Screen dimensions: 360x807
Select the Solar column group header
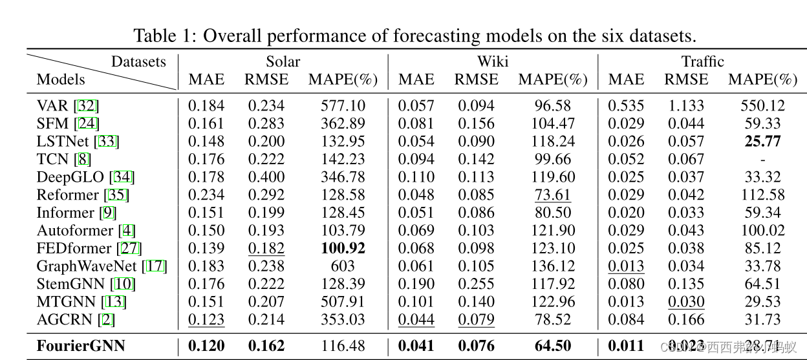pos(283,62)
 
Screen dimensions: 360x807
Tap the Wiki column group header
pos(493,62)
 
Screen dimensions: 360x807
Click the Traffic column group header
pos(702,62)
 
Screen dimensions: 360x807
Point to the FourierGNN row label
pos(81,346)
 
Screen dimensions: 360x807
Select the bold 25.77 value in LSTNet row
pos(762,141)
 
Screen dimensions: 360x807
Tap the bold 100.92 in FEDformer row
pos(343,248)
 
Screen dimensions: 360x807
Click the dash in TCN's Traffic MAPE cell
pos(762,159)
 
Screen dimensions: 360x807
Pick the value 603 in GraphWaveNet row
pos(343,266)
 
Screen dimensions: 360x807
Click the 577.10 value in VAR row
pos(343,105)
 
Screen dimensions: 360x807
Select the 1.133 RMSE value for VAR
pos(686,105)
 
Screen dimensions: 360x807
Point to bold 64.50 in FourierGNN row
pos(553,346)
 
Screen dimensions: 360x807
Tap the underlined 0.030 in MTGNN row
pos(686,301)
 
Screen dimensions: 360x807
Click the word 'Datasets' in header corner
pos(138,62)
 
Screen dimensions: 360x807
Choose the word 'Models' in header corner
pos(61,79)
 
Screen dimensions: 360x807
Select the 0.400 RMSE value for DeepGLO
pos(266,176)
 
